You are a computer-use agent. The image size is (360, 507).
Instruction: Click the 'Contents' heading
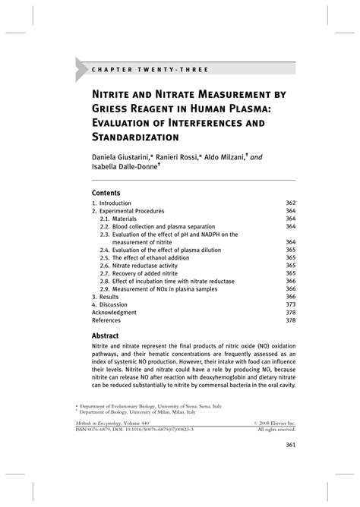(x=109, y=193)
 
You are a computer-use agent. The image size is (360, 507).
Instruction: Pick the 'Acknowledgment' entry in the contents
(x=115, y=312)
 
